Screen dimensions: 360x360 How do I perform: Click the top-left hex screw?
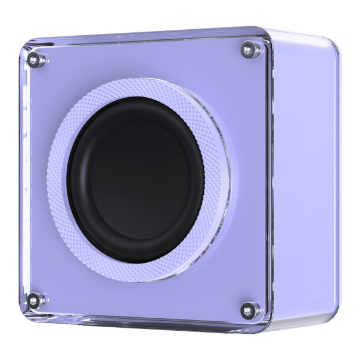(35, 58)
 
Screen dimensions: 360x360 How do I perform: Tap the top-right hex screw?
(249, 49)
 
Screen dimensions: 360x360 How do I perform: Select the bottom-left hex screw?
(36, 300)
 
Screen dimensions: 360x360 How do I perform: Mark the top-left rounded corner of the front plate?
(27, 46)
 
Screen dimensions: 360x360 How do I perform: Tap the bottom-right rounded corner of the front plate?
(266, 325)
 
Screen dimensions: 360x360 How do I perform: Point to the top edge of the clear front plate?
(143, 36)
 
